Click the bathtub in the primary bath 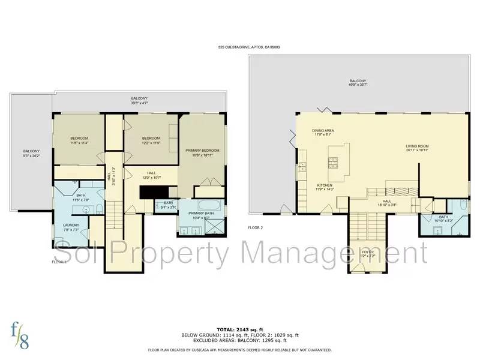(x=200, y=204)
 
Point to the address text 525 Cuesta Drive (x=249, y=47)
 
